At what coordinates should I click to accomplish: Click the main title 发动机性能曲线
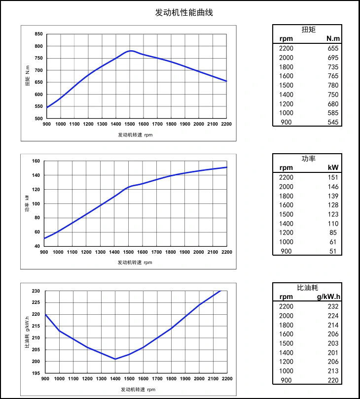(x=184, y=12)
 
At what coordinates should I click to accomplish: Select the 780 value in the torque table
(x=333, y=85)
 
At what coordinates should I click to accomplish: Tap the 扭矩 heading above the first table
(x=308, y=30)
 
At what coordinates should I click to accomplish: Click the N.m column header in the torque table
(x=333, y=38)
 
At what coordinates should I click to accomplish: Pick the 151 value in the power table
(x=333, y=177)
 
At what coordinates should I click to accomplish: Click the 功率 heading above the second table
(x=308, y=159)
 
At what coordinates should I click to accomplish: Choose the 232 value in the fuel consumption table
(x=333, y=306)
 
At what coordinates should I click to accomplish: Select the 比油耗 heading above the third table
(x=308, y=288)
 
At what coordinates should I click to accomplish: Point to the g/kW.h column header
(x=328, y=297)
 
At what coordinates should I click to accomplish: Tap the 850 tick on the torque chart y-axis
(x=39, y=34)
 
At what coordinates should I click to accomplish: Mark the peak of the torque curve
(x=130, y=50)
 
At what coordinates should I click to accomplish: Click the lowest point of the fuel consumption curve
(x=115, y=359)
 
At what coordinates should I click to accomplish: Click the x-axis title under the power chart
(x=135, y=263)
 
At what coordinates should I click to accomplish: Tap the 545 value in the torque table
(x=333, y=122)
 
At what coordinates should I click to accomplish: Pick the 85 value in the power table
(x=335, y=233)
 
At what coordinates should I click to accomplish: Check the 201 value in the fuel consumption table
(x=333, y=352)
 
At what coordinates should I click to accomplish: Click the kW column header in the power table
(x=334, y=168)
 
